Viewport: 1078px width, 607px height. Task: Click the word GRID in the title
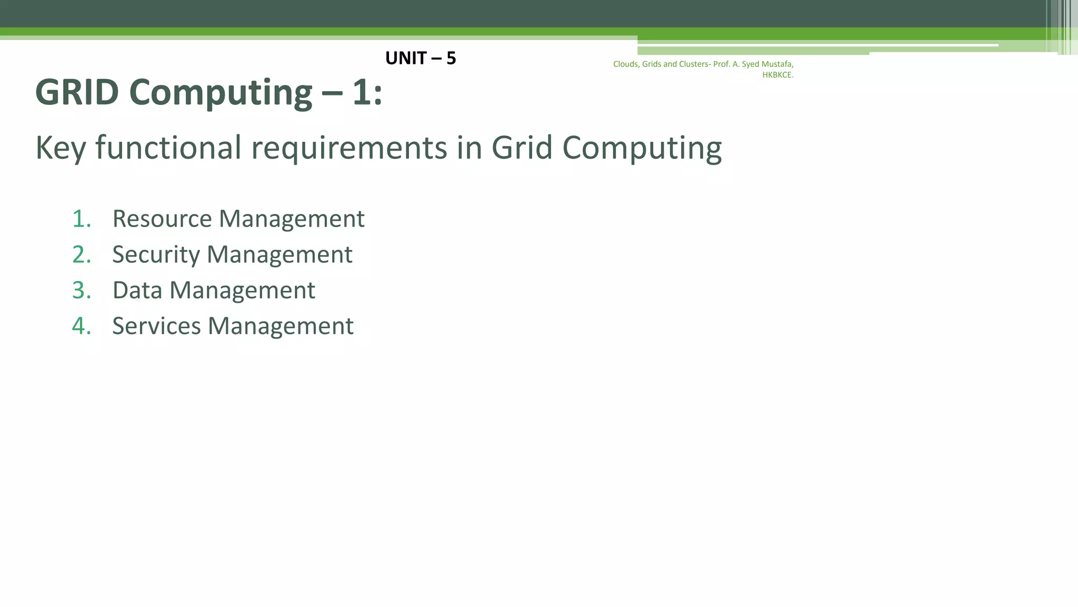click(x=77, y=93)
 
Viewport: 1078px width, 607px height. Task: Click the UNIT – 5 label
click(x=420, y=58)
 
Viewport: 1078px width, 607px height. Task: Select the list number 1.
click(x=81, y=219)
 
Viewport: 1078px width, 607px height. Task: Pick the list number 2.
click(x=81, y=254)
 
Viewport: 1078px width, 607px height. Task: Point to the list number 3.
click(x=81, y=290)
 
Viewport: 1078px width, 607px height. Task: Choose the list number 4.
click(x=81, y=326)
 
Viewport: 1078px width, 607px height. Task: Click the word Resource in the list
click(x=162, y=219)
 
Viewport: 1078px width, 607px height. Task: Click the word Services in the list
click(x=156, y=326)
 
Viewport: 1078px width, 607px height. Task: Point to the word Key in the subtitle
click(x=61, y=148)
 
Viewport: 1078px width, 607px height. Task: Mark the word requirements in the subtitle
click(x=349, y=148)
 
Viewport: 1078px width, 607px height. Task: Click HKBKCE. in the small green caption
click(x=777, y=75)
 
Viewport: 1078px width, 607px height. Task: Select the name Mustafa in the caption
click(x=777, y=64)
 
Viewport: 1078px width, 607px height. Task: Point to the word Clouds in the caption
click(x=625, y=64)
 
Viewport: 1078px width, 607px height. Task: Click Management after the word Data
click(x=242, y=291)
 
